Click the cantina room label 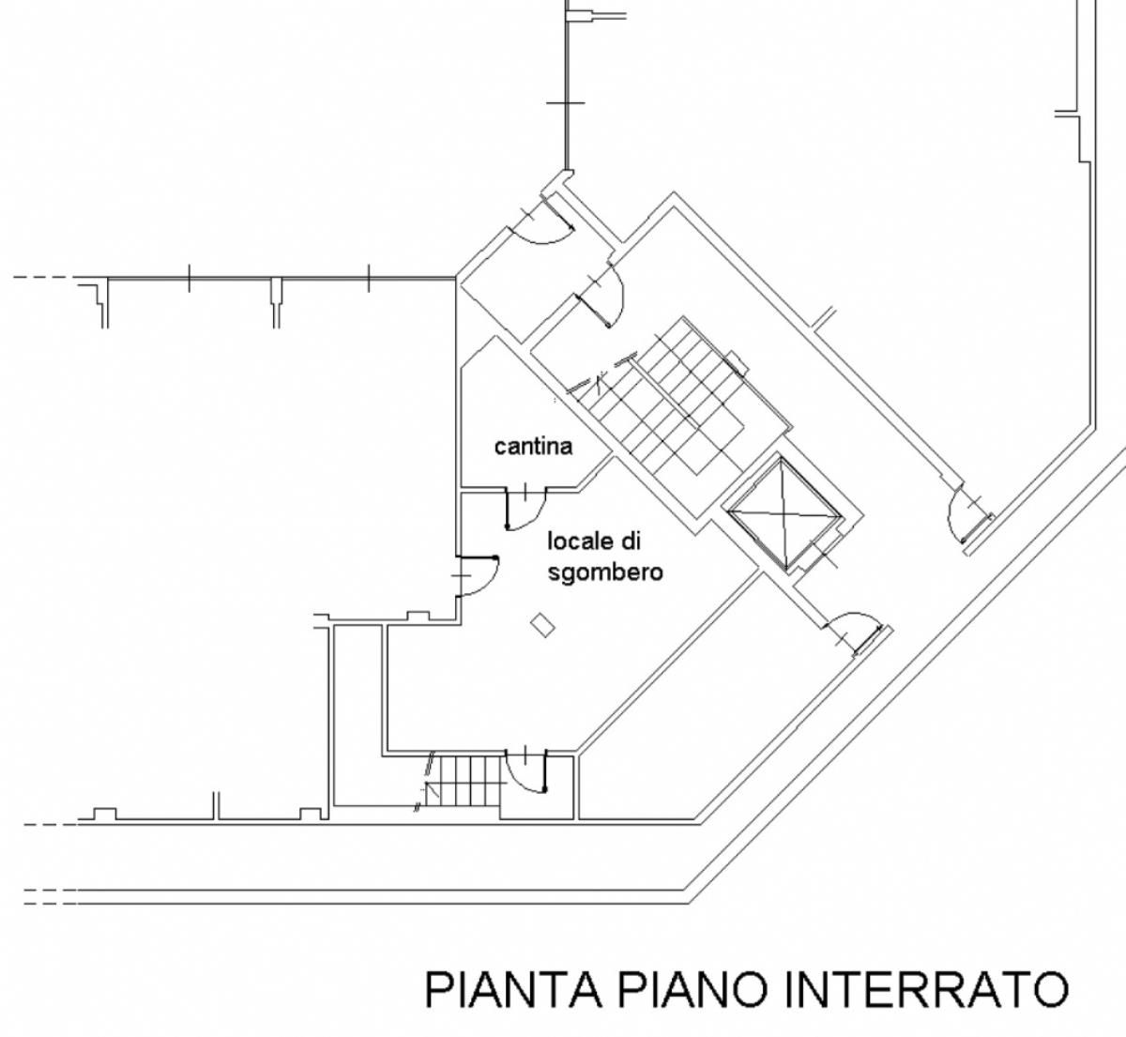pyautogui.click(x=533, y=447)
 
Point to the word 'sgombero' pyautogui.click(x=605, y=572)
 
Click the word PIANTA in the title pyautogui.click(x=513, y=990)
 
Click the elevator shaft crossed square pyautogui.click(x=784, y=513)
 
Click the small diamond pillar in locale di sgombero pyautogui.click(x=542, y=625)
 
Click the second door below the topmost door pyautogui.click(x=601, y=297)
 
